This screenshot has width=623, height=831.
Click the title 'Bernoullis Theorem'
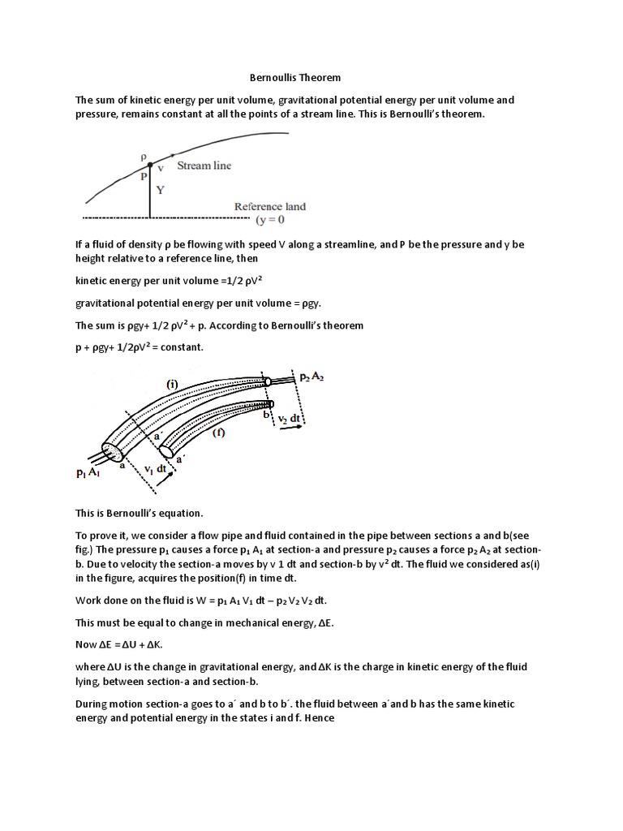pyautogui.click(x=294, y=78)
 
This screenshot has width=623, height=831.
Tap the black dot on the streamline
pyautogui.click(x=149, y=165)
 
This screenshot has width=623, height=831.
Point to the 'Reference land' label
pyautogui.click(x=270, y=207)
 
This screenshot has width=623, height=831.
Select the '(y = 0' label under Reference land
pyautogui.click(x=271, y=220)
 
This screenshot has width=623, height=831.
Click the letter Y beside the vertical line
pyautogui.click(x=161, y=192)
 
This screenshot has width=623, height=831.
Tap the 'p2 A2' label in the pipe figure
pyautogui.click(x=311, y=377)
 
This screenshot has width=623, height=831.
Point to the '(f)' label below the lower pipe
pyautogui.click(x=218, y=433)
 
